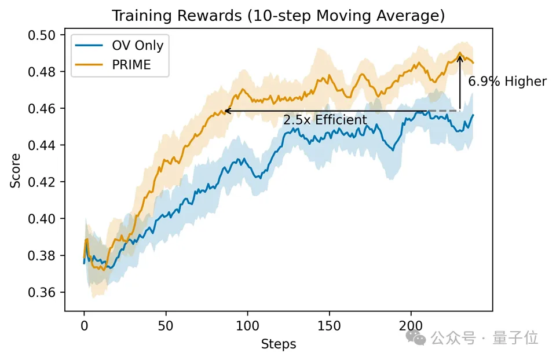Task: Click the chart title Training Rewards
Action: [x=278, y=16]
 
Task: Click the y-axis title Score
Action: [x=16, y=170]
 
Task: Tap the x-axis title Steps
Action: [x=279, y=344]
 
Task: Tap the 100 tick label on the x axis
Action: [x=247, y=326]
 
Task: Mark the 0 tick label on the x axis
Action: [x=84, y=326]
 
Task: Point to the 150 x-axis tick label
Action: [x=329, y=326]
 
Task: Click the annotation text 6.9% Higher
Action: [x=507, y=82]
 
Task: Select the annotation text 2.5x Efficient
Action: [x=325, y=120]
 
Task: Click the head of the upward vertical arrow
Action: [x=460, y=56]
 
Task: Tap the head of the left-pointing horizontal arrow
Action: [x=227, y=111]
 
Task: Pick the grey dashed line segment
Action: [x=443, y=111]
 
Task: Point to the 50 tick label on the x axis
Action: [x=166, y=326]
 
